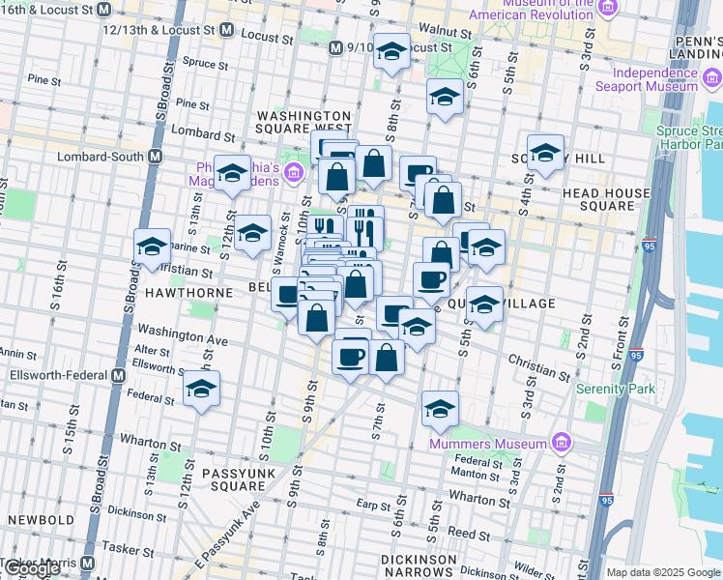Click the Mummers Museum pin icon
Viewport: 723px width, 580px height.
point(563,444)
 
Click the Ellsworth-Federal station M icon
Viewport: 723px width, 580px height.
point(118,375)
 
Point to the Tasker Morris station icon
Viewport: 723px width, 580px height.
point(88,563)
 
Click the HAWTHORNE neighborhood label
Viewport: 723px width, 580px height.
point(188,292)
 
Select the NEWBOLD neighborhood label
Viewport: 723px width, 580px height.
point(40,519)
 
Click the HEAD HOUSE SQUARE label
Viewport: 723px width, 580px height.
point(607,199)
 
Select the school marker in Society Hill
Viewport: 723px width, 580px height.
point(545,152)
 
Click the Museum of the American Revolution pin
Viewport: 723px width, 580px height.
point(607,9)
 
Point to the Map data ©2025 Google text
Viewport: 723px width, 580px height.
point(663,572)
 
